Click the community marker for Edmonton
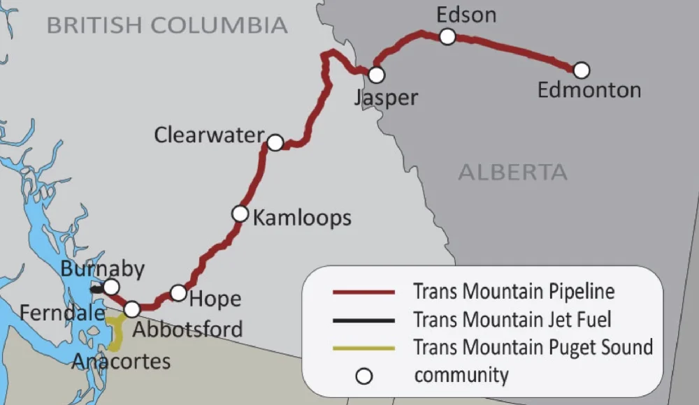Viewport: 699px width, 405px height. [x=581, y=70]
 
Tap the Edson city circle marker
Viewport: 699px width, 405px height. [x=447, y=36]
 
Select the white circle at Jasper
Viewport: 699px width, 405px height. [x=377, y=74]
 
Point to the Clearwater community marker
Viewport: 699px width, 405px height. [x=275, y=142]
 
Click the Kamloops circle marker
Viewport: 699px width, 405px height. [x=240, y=213]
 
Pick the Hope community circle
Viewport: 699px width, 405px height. [x=178, y=293]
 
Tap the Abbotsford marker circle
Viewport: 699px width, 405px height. [x=131, y=309]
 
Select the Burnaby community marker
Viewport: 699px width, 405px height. [x=110, y=287]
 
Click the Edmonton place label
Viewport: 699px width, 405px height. [x=589, y=90]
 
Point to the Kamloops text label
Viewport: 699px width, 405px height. [x=302, y=218]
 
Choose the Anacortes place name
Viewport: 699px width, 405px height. [x=121, y=361]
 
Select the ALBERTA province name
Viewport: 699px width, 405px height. [x=512, y=172]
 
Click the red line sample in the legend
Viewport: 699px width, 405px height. [x=363, y=291]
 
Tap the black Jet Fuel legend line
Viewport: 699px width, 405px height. [x=363, y=320]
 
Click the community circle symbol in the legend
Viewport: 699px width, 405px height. [x=363, y=377]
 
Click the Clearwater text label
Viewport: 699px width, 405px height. [x=209, y=135]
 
